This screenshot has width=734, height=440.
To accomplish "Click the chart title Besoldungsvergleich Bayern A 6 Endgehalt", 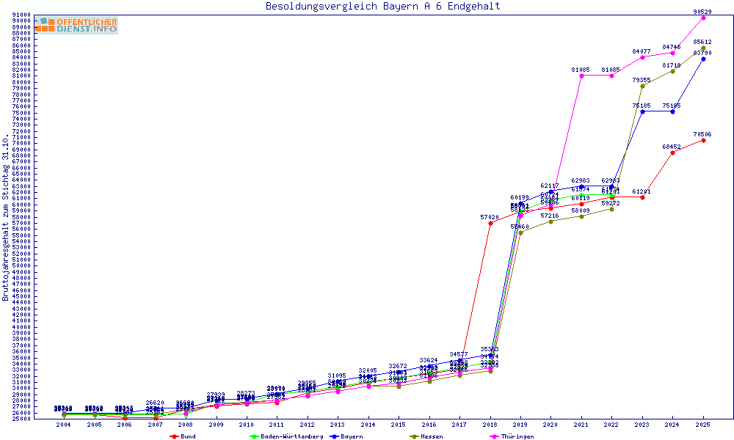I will (x=382, y=7).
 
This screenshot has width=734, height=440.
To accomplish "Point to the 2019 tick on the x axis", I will (x=520, y=425).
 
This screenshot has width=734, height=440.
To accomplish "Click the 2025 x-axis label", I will (x=703, y=425).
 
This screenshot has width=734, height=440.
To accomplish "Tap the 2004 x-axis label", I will (x=65, y=425).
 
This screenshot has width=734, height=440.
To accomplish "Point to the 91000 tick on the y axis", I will (x=21, y=15).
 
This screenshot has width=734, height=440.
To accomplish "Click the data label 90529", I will (x=702, y=12).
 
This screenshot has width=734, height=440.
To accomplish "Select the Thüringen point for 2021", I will (x=581, y=76).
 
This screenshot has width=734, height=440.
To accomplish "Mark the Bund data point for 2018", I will (x=490, y=223).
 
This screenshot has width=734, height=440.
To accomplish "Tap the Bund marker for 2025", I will (x=703, y=140).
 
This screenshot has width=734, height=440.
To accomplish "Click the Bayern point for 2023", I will (x=642, y=111).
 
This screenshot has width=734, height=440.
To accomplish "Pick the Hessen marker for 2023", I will (x=642, y=86).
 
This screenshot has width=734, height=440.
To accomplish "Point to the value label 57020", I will (x=490, y=217).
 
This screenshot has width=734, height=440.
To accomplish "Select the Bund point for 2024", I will (x=672, y=153).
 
